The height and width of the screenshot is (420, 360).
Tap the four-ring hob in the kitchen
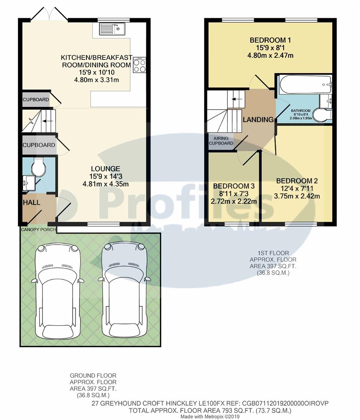click(139, 65)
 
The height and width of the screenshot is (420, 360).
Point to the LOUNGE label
click(105, 169)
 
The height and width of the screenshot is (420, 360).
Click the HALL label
click(31, 203)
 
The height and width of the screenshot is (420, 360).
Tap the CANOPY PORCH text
click(38, 229)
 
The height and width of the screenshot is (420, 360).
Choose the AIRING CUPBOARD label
click(221, 141)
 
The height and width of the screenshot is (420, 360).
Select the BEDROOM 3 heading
click(234, 186)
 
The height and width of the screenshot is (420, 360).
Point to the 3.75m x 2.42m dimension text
click(297, 196)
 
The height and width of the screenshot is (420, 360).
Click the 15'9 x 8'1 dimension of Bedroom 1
click(270, 48)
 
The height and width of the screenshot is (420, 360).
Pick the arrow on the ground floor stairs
click(47, 121)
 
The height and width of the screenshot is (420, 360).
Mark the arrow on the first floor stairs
click(234, 99)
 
